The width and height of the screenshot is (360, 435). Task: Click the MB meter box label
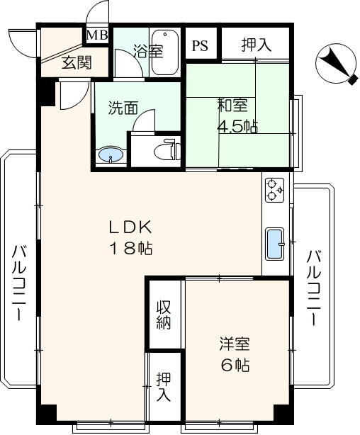pos(97,35)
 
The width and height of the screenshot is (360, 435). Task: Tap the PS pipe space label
pos(200,46)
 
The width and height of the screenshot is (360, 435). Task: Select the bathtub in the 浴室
pos(165,52)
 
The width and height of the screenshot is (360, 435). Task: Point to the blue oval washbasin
pos(111,155)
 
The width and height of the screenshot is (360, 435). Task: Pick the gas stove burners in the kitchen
pos(274,190)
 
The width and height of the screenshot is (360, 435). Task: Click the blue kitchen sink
pos(274,244)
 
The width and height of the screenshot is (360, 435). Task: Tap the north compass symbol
pos(337,64)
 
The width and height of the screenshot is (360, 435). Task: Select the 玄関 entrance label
pos(77,62)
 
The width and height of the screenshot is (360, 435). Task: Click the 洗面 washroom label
pos(123,108)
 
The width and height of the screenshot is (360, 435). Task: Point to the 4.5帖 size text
pos(237,127)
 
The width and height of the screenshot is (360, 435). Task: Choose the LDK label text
pos(130,227)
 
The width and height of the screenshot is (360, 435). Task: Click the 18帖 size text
pos(132,248)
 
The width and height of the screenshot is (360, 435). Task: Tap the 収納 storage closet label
pos(164,315)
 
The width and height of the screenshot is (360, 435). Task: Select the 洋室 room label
pos(235,344)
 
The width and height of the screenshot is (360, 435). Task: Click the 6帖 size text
pos(235,365)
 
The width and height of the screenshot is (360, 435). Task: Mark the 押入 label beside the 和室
pos(257,45)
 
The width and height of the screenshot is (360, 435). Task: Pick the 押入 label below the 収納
pos(164,387)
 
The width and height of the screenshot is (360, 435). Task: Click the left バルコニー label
pos(19,283)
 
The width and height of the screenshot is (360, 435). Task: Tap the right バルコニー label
pos(314,287)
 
